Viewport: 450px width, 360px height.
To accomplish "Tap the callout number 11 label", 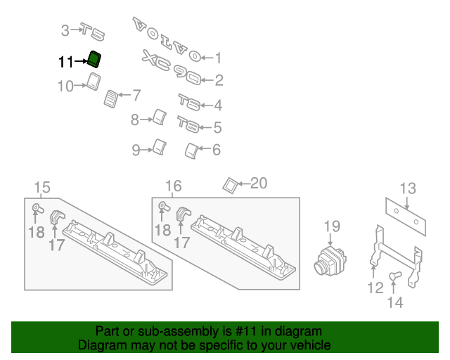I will (65, 63).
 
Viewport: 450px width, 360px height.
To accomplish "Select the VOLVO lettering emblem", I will (165, 39).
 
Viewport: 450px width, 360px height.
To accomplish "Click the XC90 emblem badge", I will (172, 67).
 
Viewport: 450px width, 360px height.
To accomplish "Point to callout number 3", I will (65, 30).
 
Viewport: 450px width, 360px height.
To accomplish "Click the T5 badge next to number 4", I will (188, 102).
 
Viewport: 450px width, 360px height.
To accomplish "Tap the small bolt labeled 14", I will (394, 276).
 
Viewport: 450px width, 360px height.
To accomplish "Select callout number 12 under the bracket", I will (374, 288).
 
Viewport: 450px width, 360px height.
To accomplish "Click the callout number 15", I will (42, 187).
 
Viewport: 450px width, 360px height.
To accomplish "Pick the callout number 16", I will (173, 186).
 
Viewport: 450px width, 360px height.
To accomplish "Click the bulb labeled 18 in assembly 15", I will (35, 208).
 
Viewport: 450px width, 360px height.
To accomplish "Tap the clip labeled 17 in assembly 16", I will (184, 215).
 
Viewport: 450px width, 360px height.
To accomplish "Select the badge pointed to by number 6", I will (190, 150).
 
